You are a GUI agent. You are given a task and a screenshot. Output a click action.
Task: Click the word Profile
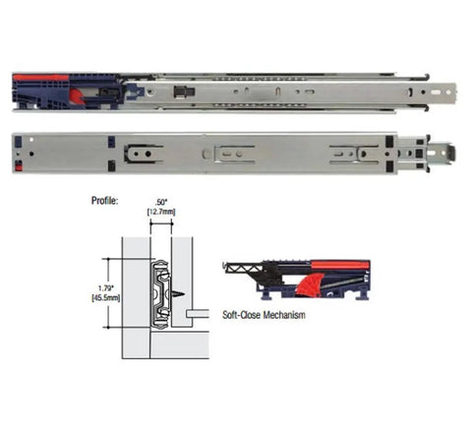click(104, 201)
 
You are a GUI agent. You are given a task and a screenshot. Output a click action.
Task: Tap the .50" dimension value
click(160, 202)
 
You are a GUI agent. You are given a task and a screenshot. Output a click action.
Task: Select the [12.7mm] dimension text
click(161, 212)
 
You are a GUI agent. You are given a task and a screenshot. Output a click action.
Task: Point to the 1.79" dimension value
click(106, 288)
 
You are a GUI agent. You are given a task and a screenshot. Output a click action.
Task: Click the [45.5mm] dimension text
click(105, 298)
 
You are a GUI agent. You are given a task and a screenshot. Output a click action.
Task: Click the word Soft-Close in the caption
click(242, 315)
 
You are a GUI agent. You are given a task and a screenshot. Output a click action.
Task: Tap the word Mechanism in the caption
click(284, 315)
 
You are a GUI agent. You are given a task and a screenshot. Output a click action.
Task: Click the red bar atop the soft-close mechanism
click(339, 265)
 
